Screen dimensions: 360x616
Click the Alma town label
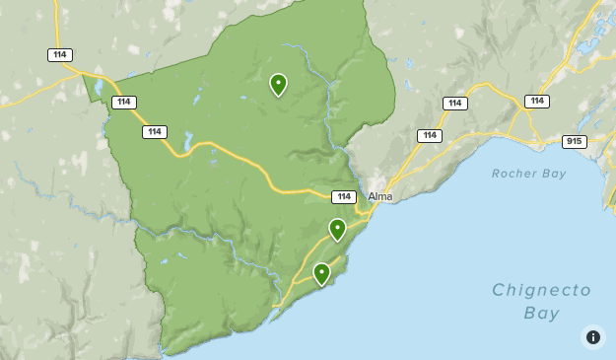(x=379, y=196)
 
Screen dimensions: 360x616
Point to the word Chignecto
(x=541, y=290)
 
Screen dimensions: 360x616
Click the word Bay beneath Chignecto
(x=541, y=314)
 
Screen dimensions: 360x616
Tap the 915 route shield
(x=574, y=141)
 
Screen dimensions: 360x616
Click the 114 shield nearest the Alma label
(x=343, y=196)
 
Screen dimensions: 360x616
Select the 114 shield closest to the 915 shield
(x=536, y=102)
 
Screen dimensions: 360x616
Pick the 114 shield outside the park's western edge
(x=61, y=55)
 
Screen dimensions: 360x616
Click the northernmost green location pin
(x=278, y=84)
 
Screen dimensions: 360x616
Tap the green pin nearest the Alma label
(x=337, y=229)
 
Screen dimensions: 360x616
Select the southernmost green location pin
(x=321, y=273)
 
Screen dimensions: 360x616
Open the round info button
(x=592, y=337)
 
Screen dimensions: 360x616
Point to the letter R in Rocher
(x=496, y=174)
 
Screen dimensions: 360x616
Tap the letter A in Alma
(x=372, y=196)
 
